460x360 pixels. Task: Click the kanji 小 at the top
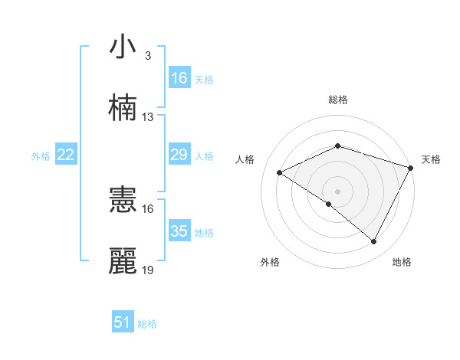point(123,47)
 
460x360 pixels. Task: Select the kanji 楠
point(123,109)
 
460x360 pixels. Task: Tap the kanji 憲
point(123,201)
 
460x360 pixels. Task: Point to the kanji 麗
point(123,262)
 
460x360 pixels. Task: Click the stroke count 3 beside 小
point(148,56)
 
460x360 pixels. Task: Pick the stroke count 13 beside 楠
point(148,117)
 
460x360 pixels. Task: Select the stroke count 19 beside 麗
point(148,270)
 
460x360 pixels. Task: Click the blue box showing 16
point(179,78)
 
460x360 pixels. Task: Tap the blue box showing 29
point(179,155)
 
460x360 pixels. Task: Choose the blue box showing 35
point(179,231)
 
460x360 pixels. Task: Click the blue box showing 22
point(66,155)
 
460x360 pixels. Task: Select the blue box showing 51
point(123,323)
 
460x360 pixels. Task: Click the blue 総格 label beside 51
point(147,324)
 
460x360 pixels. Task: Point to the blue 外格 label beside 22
point(41,155)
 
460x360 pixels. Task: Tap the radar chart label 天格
point(431,159)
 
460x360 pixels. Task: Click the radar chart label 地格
point(402,262)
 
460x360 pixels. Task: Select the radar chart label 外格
point(270,262)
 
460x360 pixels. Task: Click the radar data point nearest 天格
point(411,167)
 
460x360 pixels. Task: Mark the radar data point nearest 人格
point(280,172)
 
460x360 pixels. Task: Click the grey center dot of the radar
point(337,191)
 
